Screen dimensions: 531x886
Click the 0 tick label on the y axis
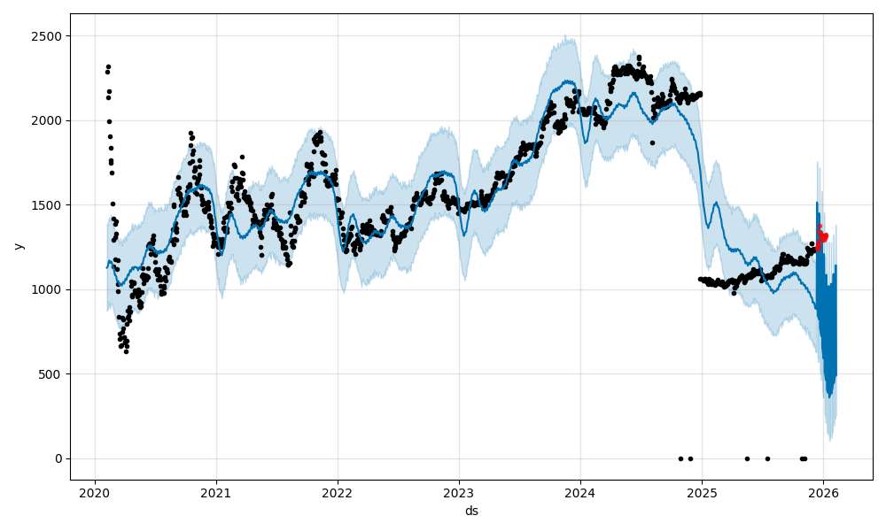click(58, 458)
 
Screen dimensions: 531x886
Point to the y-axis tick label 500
click(52, 374)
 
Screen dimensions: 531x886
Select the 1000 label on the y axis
click(49, 289)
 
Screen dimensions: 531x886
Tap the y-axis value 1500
click(49, 205)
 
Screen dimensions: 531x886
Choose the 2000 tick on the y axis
click(49, 120)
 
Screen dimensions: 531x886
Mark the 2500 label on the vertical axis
click(49, 36)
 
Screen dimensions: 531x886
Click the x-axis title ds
click(471, 511)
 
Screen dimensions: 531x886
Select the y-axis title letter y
click(17, 246)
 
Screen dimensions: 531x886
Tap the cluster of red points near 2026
click(822, 235)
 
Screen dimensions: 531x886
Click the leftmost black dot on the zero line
click(680, 458)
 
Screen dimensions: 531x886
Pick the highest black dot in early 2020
click(108, 66)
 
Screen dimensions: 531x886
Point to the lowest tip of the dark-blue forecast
click(829, 396)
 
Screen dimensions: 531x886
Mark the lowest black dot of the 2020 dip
click(126, 351)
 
